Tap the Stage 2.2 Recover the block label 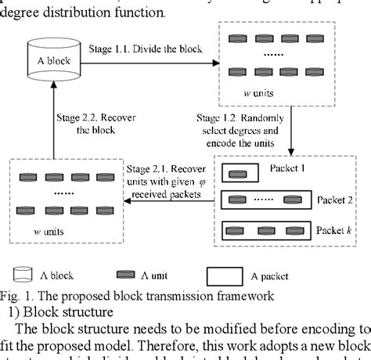89,124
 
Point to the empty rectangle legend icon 232,275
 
